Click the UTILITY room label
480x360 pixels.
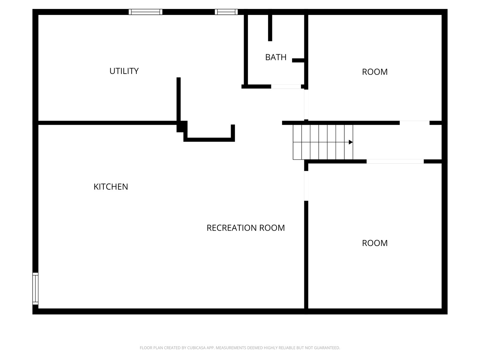(x=124, y=71)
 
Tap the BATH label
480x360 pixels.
(x=276, y=57)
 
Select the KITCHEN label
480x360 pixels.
(x=111, y=187)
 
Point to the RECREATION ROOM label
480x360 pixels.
(x=246, y=228)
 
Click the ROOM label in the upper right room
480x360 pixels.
(x=375, y=72)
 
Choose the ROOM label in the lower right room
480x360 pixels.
(x=375, y=243)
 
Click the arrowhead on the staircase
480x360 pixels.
(x=351, y=142)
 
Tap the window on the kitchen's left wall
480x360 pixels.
(x=35, y=289)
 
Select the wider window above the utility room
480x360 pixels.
(x=145, y=12)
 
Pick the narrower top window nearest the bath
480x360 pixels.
(x=226, y=12)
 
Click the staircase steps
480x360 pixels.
(x=323, y=142)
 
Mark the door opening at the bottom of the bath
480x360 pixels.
(x=286, y=87)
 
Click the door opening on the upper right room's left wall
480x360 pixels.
(x=306, y=104)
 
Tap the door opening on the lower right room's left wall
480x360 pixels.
(x=306, y=186)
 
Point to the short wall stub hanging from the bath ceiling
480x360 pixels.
(x=270, y=28)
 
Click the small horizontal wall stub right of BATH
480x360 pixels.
(x=298, y=60)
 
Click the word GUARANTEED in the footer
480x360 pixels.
(x=327, y=348)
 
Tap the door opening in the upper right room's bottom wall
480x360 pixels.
(x=415, y=123)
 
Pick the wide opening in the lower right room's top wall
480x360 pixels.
(x=395, y=162)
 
